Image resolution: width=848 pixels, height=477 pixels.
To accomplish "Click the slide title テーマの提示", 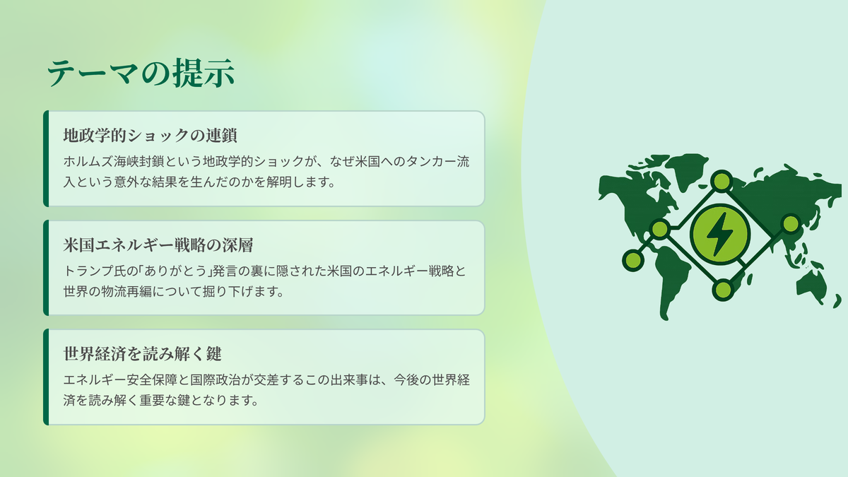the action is [141, 73].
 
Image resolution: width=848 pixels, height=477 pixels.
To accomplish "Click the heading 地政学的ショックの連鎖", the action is [151, 135].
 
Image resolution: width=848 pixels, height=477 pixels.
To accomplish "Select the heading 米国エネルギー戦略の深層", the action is [158, 245].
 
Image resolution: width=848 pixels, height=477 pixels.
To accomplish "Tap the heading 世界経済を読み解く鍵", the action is [142, 354].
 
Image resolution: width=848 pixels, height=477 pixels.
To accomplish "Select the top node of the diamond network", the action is [722, 181].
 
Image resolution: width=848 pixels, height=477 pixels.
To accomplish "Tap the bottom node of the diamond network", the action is [723, 290].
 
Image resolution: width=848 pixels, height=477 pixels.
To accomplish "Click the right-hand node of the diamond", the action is [791, 224].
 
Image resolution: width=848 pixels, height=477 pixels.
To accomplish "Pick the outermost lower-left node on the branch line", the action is [633, 260].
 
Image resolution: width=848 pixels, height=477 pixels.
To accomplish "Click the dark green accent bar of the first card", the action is [46, 158].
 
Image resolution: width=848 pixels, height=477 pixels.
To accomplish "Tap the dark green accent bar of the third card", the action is [46, 377].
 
